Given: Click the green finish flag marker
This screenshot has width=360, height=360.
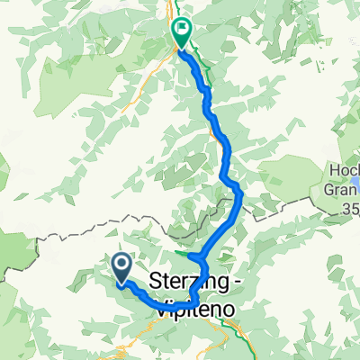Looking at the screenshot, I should click(x=181, y=32).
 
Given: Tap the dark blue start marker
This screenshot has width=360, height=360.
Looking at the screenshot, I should click(x=122, y=267).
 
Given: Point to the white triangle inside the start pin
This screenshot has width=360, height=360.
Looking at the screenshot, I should click(x=122, y=265).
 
